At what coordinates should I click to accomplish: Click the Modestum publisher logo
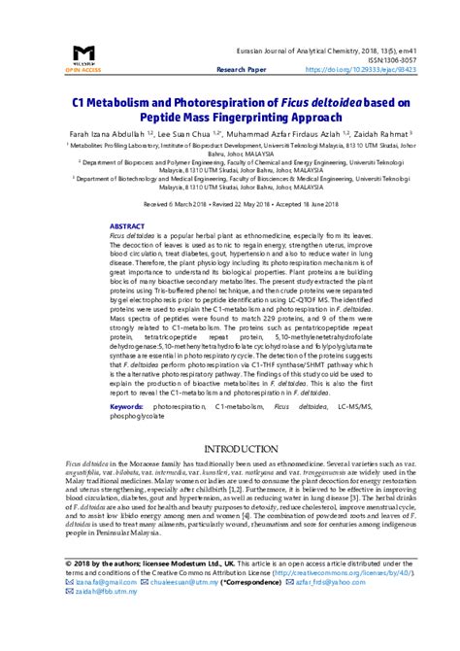click(x=84, y=56)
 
